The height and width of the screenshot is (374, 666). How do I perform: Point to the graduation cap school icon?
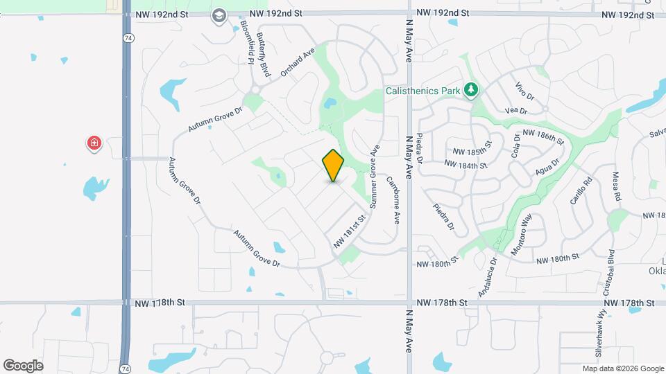tap(219, 16)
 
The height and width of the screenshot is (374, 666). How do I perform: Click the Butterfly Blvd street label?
tap(263, 54)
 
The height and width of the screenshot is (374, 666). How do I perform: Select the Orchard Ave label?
tap(298, 62)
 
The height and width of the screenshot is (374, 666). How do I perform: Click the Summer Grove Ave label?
tap(375, 177)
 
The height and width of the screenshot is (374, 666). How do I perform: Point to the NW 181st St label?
tap(349, 232)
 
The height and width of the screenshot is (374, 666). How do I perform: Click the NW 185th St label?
tap(472, 151)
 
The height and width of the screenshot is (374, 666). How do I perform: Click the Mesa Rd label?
tap(616, 187)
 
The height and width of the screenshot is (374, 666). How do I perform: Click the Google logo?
tap(23, 365)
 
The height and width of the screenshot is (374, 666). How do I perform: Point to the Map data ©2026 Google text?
tap(622, 368)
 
